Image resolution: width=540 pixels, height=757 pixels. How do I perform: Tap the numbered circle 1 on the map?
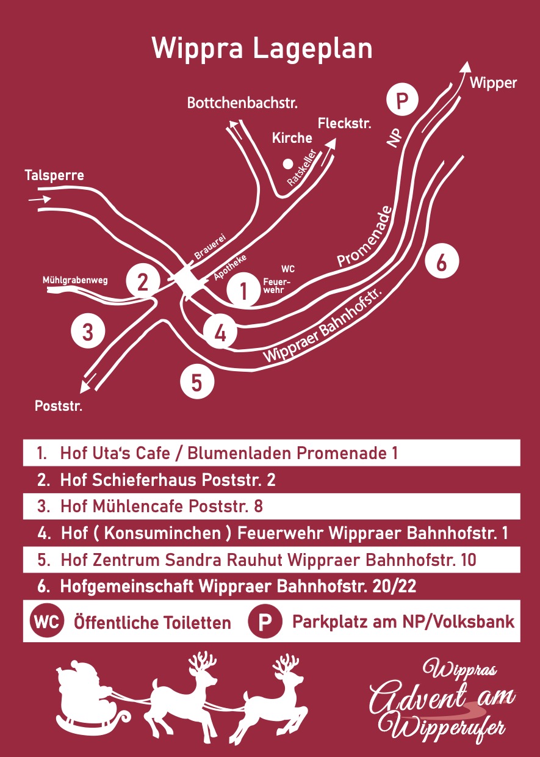(243, 291)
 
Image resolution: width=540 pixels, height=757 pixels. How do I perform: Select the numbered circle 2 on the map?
(143, 282)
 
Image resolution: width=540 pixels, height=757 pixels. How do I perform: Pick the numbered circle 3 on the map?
(88, 333)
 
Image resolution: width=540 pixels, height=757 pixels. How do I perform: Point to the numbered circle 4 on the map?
(220, 333)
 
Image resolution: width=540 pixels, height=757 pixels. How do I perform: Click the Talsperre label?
(54, 176)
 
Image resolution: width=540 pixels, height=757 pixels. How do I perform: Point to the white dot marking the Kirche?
(287, 164)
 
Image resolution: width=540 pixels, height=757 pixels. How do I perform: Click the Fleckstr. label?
(345, 123)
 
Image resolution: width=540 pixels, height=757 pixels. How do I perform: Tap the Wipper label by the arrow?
(493, 84)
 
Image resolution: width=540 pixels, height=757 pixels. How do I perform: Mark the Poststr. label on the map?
(58, 406)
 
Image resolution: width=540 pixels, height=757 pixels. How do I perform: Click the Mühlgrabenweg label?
(75, 280)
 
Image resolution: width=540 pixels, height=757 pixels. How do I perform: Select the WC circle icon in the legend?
(46, 622)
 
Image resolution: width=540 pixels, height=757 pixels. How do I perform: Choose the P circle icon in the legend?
(265, 622)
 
